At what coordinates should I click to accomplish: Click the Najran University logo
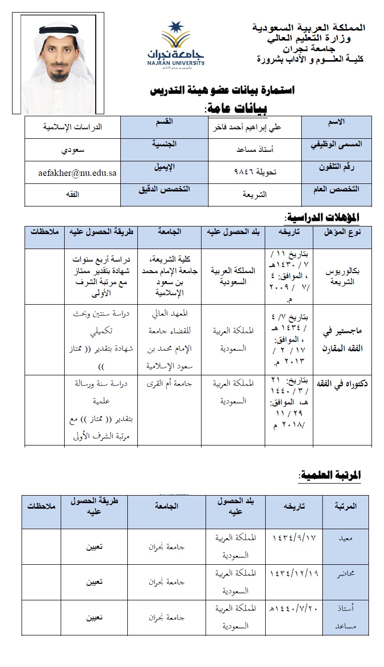[175, 45]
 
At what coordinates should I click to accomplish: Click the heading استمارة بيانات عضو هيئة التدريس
[223, 91]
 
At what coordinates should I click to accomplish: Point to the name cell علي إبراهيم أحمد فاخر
[254, 127]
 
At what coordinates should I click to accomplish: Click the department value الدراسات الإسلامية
[72, 127]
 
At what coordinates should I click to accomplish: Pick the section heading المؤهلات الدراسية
[321, 217]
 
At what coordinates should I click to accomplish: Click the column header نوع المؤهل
[343, 232]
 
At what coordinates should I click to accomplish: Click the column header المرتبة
[345, 506]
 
